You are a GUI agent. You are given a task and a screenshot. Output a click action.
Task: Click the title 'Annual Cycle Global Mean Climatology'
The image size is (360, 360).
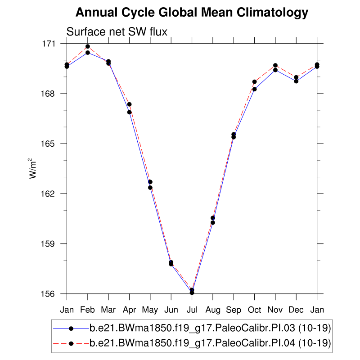tap(192, 13)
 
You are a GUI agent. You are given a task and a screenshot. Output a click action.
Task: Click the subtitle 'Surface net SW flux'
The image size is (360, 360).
tap(117, 32)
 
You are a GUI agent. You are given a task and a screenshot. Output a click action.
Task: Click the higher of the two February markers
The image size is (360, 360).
tap(88, 46)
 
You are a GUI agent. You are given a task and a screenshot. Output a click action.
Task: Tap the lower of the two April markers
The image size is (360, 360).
tap(129, 112)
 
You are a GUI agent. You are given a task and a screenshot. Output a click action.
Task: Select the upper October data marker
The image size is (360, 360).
tap(255, 82)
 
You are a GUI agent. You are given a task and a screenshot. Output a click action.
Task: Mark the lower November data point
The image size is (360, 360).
tap(275, 70)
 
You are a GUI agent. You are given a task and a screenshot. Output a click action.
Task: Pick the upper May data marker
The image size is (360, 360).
tap(150, 182)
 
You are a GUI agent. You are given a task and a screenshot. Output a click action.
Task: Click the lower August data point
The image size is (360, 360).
tap(213, 223)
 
